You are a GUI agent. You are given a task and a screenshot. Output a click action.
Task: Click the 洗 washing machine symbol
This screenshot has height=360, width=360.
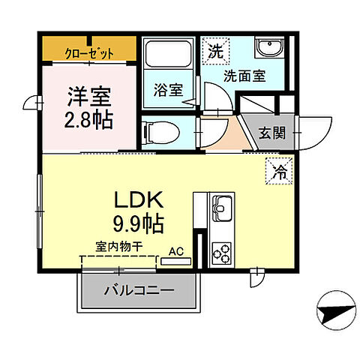click(214, 53)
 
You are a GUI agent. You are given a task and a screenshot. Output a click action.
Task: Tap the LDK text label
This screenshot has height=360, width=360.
click(139, 200)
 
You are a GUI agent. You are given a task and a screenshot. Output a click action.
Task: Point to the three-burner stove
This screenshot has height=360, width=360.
click(222, 253)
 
